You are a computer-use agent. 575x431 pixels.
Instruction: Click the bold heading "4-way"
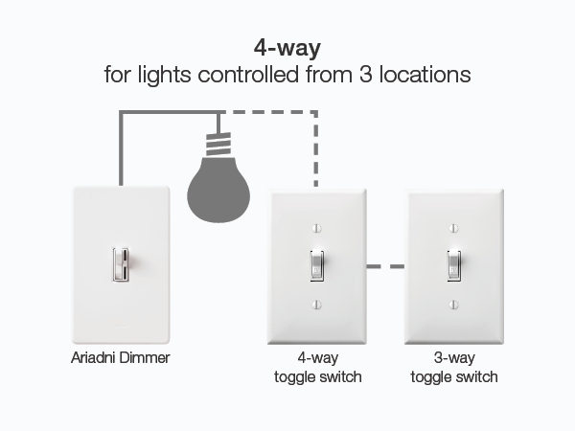click(287, 47)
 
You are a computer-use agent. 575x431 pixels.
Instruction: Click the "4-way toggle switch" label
click(317, 368)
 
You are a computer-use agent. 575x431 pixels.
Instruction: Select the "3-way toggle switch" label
click(454, 368)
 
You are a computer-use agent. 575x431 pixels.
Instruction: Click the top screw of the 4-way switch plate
click(317, 228)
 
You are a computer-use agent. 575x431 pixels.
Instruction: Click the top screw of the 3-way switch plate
click(454, 228)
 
